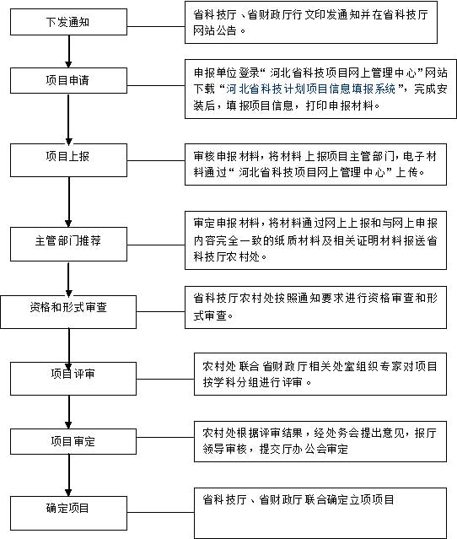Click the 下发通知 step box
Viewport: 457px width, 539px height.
(68, 22)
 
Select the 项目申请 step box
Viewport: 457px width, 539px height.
(68, 80)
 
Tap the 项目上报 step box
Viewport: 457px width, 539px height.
(68, 160)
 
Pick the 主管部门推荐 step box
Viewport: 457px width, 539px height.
(68, 244)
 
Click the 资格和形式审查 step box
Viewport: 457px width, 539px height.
(68, 312)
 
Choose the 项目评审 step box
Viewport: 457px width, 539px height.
(73, 379)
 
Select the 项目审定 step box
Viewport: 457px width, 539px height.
(73, 441)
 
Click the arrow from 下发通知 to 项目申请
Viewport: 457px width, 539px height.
(69, 51)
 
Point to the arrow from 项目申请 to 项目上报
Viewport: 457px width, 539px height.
(69, 119)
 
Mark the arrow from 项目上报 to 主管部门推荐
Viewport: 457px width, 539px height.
(69, 202)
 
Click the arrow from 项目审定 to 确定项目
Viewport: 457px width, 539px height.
(69, 475)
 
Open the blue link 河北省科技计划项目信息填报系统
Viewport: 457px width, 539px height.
(310, 89)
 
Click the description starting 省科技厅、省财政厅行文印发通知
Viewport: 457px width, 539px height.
(311, 22)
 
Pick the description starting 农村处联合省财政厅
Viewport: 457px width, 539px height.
(320, 374)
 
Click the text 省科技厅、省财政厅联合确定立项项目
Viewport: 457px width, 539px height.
(298, 499)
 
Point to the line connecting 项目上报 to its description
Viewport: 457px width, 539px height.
(156, 160)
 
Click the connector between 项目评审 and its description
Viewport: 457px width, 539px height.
(165, 380)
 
